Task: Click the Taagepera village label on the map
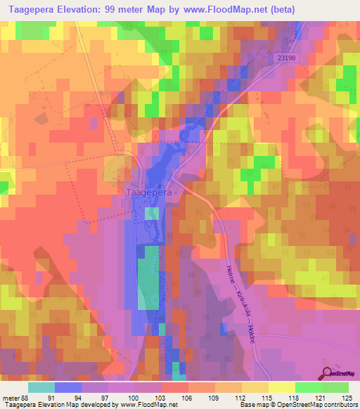click(149, 190)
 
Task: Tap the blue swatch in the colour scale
click(68, 387)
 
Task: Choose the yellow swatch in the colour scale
click(281, 387)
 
